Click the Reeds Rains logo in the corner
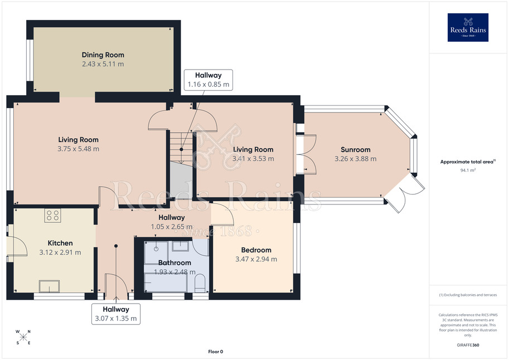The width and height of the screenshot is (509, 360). (x=468, y=27)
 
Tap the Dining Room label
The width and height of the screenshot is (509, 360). (x=103, y=55)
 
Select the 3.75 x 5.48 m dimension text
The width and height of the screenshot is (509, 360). (x=78, y=149)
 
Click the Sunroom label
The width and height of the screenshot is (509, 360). (x=356, y=150)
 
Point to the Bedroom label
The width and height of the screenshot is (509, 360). (x=256, y=250)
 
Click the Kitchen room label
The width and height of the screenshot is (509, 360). (x=60, y=243)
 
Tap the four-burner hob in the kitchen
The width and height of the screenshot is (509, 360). (x=52, y=216)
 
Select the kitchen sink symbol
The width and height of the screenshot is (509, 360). (x=50, y=286)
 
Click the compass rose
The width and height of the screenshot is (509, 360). (x=23, y=337)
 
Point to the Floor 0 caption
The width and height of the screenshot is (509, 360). (x=216, y=352)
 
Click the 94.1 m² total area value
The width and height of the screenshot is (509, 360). (x=468, y=170)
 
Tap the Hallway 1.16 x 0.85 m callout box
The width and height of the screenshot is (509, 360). (x=209, y=80)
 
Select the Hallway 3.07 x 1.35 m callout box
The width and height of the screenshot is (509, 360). (x=116, y=314)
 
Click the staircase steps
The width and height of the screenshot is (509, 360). (x=181, y=148)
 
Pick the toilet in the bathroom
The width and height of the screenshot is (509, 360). (x=200, y=283)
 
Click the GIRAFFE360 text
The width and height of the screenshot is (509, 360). (x=468, y=345)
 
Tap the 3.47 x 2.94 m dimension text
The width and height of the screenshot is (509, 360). (x=256, y=259)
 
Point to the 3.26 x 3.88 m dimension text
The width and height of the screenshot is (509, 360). (x=356, y=159)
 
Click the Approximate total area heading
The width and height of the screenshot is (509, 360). (x=468, y=162)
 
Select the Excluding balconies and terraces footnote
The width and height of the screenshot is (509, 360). (x=468, y=295)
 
